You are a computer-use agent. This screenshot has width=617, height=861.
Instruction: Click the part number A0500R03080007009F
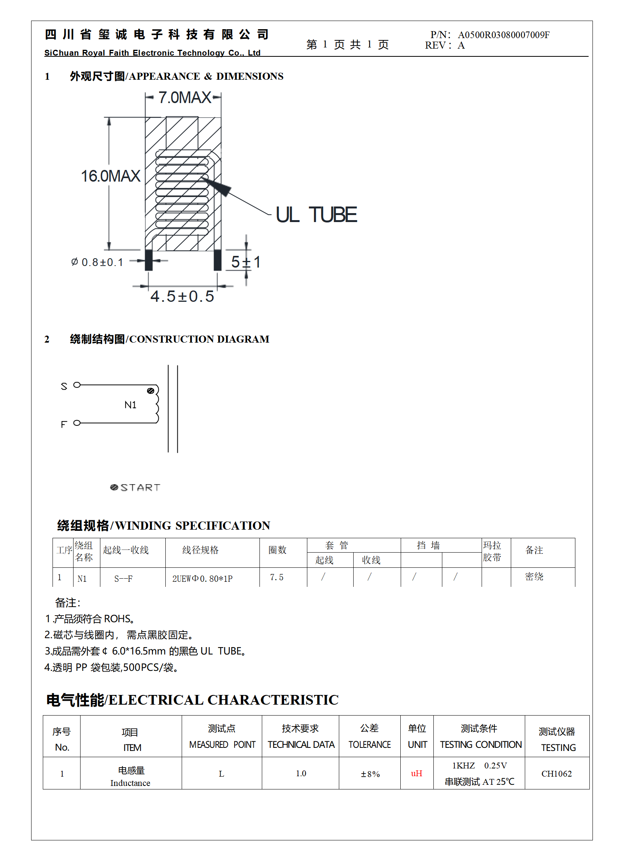[x=503, y=35]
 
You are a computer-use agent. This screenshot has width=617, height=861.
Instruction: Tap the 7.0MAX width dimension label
[x=184, y=98]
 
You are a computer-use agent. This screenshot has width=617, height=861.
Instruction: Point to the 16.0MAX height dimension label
[x=110, y=176]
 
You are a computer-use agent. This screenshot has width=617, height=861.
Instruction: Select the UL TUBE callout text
[x=316, y=215]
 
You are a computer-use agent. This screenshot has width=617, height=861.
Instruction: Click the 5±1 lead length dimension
[x=245, y=262]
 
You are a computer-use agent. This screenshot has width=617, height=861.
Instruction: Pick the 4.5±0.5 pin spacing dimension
[x=182, y=296]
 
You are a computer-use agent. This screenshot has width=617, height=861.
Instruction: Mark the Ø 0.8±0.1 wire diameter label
[x=97, y=262]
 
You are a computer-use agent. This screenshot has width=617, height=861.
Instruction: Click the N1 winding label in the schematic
[x=130, y=405]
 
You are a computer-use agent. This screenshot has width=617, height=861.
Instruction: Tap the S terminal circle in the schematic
[x=77, y=385]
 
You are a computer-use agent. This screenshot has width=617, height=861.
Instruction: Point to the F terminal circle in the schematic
[x=77, y=423]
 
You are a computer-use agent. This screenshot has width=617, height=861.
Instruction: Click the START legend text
[x=140, y=488]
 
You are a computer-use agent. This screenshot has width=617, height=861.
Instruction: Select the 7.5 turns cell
[x=277, y=577]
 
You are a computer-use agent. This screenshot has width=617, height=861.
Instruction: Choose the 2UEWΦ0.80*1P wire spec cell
[x=202, y=579]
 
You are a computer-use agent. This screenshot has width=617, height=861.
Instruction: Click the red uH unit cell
[x=416, y=773]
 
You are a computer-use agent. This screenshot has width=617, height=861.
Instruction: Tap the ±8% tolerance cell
[x=370, y=774]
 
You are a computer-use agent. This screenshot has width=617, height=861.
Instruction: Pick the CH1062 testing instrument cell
[x=556, y=773]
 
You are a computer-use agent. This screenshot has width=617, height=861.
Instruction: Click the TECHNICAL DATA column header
[x=301, y=744]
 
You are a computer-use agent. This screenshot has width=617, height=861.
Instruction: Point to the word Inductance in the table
[x=130, y=783]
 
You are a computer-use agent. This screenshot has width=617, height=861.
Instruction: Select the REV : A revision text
[x=445, y=45]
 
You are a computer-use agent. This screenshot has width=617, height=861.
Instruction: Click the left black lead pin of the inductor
[x=149, y=260]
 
